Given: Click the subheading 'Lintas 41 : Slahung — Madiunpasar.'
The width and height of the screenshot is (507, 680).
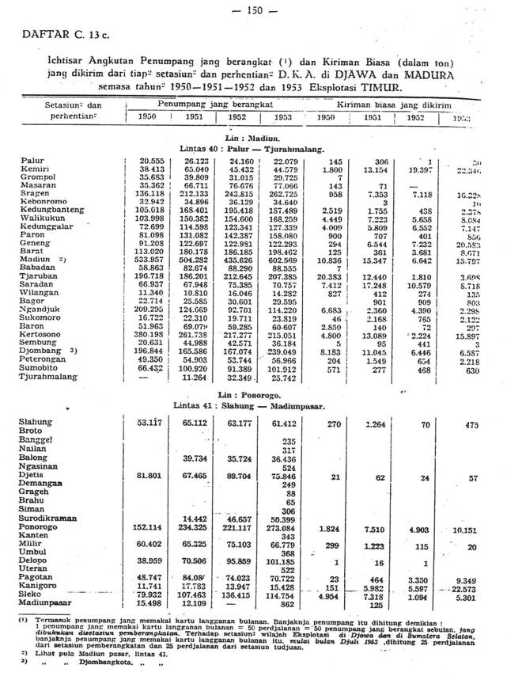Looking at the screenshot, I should (246, 405).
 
